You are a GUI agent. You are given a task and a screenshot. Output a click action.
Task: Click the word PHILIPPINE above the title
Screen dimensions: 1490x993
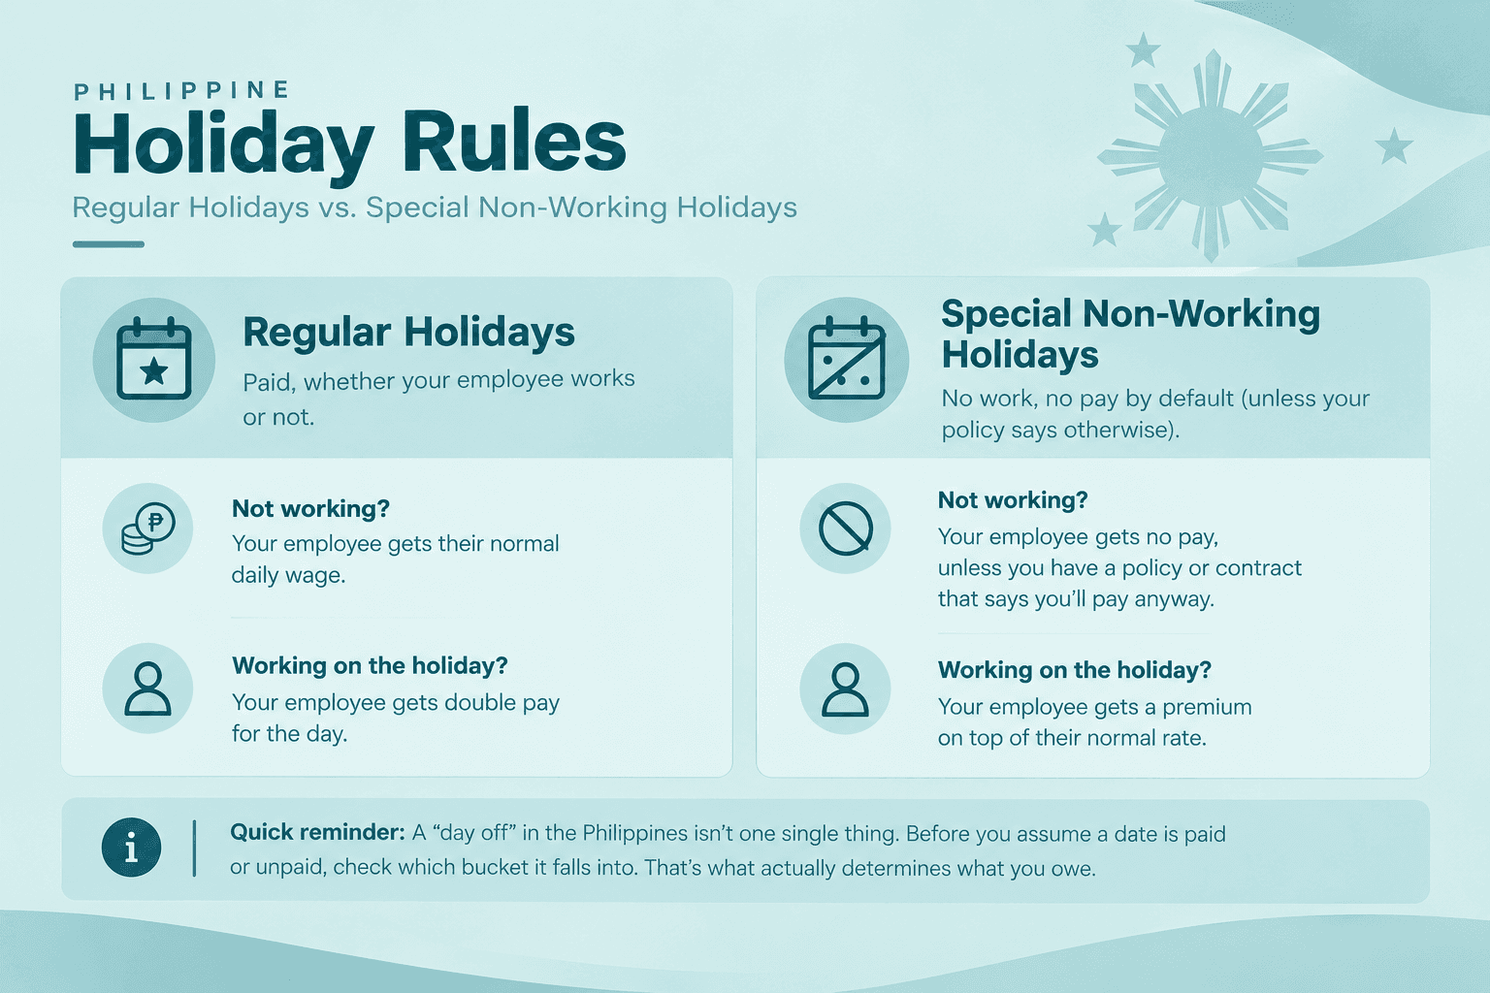[181, 90]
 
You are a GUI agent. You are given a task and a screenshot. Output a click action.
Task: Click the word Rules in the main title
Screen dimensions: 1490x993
[513, 142]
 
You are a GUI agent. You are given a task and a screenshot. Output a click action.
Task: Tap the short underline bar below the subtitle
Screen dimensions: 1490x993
[109, 244]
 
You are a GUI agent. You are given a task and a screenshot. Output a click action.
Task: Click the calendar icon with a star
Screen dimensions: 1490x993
[153, 359]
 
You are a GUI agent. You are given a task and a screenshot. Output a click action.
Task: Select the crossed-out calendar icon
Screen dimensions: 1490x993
[846, 359]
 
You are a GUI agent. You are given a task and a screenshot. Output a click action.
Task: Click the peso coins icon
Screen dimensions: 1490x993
[147, 529]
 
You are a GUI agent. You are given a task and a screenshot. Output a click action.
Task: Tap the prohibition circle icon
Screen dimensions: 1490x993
[846, 529]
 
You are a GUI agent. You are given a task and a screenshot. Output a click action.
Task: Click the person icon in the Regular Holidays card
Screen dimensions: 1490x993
[147, 688]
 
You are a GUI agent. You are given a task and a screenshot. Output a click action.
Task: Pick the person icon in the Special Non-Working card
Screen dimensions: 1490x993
[845, 689]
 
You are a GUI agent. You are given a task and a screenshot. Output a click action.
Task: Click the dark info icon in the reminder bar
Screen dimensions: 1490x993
[131, 848]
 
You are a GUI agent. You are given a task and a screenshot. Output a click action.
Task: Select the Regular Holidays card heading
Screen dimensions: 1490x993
[408, 332]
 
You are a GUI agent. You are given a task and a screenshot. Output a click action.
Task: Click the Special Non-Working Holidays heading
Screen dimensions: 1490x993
[1130, 334]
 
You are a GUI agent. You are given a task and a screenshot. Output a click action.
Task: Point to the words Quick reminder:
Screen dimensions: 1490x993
[317, 832]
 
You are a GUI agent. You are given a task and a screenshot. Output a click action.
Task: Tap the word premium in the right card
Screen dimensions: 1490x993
[1207, 707]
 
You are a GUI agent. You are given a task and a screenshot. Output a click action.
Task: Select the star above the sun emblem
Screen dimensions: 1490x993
[1143, 49]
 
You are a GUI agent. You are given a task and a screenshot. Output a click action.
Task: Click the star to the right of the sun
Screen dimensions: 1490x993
[1394, 146]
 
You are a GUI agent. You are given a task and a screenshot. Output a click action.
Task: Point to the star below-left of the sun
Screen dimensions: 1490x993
[1105, 230]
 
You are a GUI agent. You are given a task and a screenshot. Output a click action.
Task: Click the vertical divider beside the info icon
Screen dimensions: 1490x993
[194, 848]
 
